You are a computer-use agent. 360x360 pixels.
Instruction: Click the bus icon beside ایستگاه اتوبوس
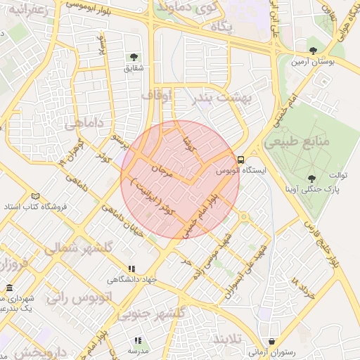tap(240, 160)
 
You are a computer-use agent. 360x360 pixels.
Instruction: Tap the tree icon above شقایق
tap(132, 57)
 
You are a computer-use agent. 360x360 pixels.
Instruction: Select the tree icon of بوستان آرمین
tap(313, 50)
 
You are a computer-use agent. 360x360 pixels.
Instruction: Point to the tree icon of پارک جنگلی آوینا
tap(311, 179)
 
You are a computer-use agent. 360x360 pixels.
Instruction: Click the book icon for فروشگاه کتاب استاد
tap(36, 196)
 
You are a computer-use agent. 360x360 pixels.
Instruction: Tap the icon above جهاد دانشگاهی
tap(131, 269)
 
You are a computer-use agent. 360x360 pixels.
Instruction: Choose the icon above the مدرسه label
tap(137, 340)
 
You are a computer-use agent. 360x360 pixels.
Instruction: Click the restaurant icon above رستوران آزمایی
tap(271, 340)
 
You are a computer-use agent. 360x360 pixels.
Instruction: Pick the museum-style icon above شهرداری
tap(9, 289)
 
